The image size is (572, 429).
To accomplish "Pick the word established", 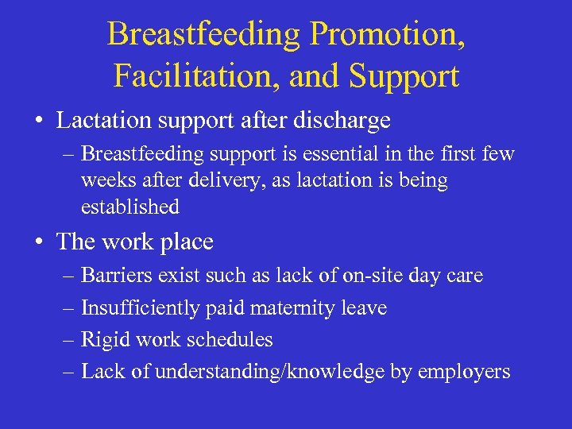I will (130, 207).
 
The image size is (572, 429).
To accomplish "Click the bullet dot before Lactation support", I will (38, 122).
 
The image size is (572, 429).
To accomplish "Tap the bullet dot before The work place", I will (38, 242).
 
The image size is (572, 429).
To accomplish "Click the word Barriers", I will (114, 276).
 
